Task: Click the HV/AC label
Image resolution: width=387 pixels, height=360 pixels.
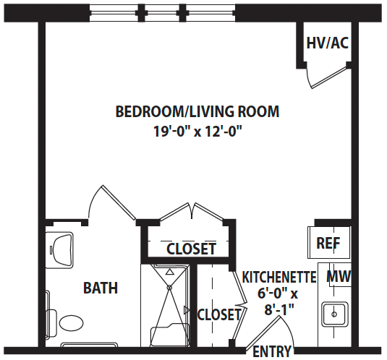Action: pyautogui.click(x=327, y=43)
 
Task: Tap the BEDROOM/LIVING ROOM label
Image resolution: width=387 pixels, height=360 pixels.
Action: pyautogui.click(x=197, y=111)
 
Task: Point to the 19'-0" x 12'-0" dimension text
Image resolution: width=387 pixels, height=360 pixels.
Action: pyautogui.click(x=197, y=131)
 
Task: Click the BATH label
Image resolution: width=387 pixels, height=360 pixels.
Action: pyautogui.click(x=101, y=288)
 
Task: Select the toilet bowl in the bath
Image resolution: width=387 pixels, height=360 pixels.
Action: pyautogui.click(x=72, y=323)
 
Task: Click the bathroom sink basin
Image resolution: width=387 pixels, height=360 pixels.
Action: pyautogui.click(x=61, y=250)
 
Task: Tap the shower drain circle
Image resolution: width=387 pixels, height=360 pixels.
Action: pyautogui.click(x=169, y=288)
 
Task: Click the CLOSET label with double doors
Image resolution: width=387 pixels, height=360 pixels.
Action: pyautogui.click(x=191, y=249)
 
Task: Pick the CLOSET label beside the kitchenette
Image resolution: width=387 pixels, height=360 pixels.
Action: pyautogui.click(x=219, y=314)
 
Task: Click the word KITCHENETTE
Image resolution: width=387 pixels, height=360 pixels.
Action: pyautogui.click(x=279, y=277)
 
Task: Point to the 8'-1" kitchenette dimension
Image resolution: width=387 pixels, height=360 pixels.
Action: pyautogui.click(x=279, y=310)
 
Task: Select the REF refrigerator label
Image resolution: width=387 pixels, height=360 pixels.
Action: pyautogui.click(x=328, y=243)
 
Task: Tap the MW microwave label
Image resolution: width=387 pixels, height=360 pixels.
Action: pyautogui.click(x=339, y=276)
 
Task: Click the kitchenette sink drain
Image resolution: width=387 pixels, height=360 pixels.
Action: pyautogui.click(x=334, y=314)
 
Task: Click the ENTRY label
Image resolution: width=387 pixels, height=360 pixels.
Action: pyautogui.click(x=272, y=351)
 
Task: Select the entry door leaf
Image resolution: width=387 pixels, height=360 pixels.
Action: pyautogui.click(x=263, y=333)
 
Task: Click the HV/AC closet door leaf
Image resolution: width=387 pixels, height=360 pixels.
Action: pyautogui.click(x=328, y=77)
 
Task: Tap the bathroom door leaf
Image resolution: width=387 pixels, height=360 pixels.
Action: pyautogui.click(x=119, y=202)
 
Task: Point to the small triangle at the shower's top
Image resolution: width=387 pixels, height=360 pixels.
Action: pyautogui.click(x=169, y=272)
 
